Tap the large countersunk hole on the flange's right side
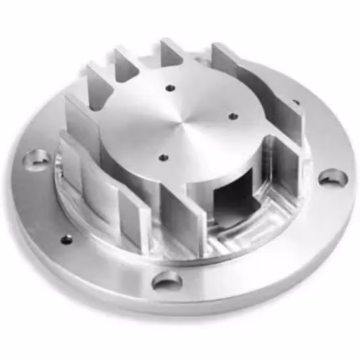(333, 177)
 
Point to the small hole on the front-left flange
(66, 240)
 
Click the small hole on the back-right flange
(295, 102)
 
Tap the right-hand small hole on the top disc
(233, 117)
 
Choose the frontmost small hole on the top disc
(163, 157)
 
